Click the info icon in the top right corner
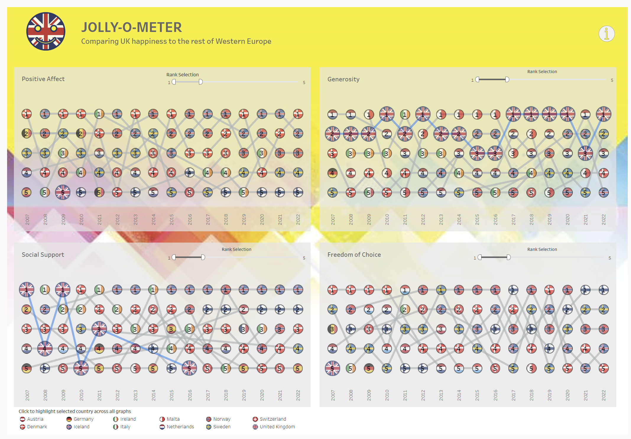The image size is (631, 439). [x=606, y=34]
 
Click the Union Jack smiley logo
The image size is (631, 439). [x=46, y=31]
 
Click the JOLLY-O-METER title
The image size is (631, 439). [x=132, y=27]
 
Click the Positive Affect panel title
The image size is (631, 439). [x=43, y=79]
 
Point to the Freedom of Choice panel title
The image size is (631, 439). [x=354, y=254]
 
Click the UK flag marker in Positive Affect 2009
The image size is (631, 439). [x=63, y=192]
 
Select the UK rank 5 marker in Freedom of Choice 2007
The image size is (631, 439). [x=332, y=368]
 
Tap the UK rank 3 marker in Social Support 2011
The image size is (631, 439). [x=99, y=329]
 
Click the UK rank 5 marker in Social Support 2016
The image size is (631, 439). [x=189, y=368]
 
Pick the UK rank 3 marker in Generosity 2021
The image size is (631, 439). [x=585, y=153]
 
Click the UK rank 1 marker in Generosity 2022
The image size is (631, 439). [x=603, y=114]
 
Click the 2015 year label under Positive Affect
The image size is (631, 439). [x=171, y=220]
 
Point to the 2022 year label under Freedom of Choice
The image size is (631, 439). [x=604, y=395]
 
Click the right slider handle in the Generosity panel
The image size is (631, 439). [x=507, y=79]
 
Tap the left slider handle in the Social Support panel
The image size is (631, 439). [x=174, y=257]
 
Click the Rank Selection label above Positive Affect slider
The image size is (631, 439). [x=182, y=75]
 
